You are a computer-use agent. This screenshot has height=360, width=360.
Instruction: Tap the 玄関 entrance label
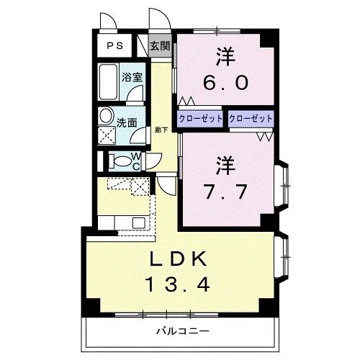click(x=160, y=46)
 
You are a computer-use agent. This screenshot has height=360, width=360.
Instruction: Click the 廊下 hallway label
click(x=161, y=130)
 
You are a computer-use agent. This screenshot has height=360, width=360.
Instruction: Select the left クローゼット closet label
click(x=201, y=118)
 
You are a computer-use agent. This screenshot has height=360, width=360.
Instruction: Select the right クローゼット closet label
click(x=251, y=118)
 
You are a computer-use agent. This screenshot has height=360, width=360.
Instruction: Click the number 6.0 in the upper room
click(x=225, y=82)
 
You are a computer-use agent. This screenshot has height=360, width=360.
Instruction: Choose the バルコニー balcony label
click(x=181, y=331)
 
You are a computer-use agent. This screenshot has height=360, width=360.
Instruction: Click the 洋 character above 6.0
click(x=225, y=55)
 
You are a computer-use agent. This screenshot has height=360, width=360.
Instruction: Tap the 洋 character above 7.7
click(x=225, y=165)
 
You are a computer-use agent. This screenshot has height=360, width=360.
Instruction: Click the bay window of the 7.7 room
click(x=283, y=185)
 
